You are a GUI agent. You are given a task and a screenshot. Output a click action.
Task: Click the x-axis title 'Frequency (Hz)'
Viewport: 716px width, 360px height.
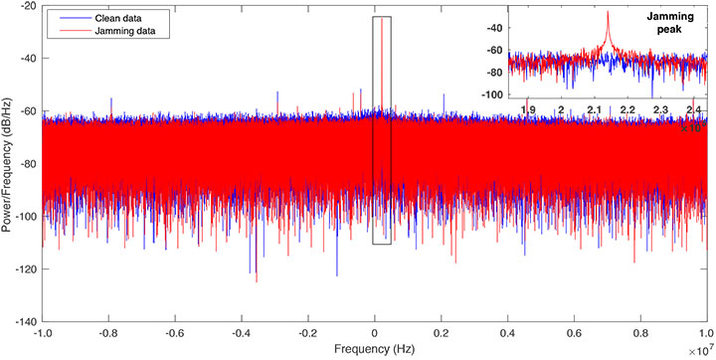point(374,350)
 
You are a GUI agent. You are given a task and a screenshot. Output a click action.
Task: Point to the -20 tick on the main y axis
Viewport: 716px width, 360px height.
point(29,7)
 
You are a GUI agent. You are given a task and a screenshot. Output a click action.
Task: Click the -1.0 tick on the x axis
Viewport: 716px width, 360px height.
point(43,335)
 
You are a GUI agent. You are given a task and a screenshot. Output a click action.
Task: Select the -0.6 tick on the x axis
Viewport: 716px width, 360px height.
point(175,335)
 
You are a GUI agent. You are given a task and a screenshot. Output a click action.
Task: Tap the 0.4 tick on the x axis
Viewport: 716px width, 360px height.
point(508,335)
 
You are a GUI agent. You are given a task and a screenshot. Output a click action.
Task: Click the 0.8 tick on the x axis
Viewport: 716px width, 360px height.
point(641,335)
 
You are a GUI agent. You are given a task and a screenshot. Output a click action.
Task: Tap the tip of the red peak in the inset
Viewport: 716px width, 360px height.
point(606,12)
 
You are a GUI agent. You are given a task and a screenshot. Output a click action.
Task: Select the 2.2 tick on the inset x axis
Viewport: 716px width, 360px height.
point(626,107)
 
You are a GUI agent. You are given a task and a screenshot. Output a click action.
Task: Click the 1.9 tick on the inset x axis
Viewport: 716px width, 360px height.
point(529,107)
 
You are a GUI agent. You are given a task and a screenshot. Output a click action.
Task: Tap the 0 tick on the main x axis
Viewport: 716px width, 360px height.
point(375,335)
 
